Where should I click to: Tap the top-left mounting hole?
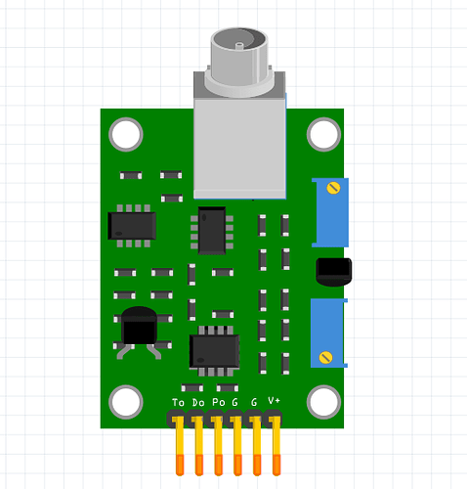(125, 134)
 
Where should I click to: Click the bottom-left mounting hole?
(125, 401)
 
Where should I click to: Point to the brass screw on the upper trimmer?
(334, 188)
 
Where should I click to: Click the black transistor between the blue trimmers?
(333, 271)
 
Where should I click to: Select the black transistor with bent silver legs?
(137, 328)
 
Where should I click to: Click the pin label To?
(178, 403)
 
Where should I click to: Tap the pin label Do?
(198, 403)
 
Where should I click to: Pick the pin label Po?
(218, 403)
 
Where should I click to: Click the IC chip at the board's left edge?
(132, 225)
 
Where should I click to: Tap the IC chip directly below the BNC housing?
(212, 231)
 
